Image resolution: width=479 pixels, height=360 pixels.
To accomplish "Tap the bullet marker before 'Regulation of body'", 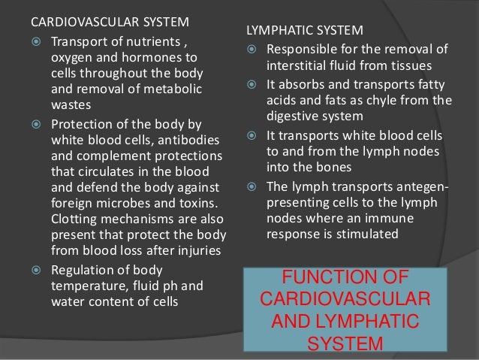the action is coord(36,270).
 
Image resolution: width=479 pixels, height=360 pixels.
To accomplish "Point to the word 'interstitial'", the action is coord(299,65).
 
